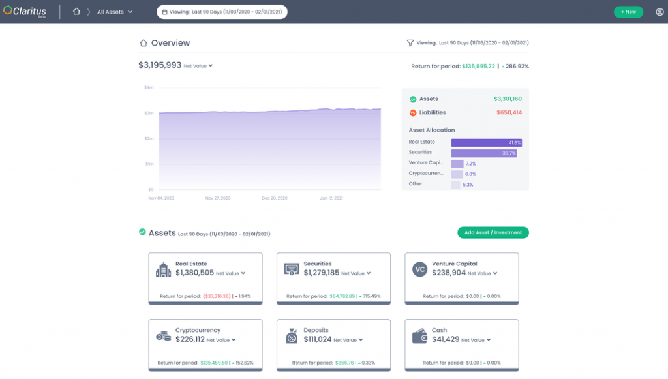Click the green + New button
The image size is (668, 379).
click(628, 12)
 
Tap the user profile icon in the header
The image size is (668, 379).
click(660, 12)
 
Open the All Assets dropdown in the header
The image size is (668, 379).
click(115, 12)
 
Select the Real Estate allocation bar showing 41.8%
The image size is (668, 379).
click(486, 142)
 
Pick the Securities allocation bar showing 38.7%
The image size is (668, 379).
click(483, 153)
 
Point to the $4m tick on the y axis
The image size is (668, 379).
click(149, 87)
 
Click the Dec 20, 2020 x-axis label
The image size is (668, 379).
click(275, 197)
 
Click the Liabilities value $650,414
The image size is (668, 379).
click(508, 113)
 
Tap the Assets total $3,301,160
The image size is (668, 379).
click(508, 99)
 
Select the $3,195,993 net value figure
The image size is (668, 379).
click(160, 65)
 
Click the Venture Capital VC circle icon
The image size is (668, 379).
click(419, 269)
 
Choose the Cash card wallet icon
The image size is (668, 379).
click(419, 336)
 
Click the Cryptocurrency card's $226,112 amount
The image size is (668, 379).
click(190, 339)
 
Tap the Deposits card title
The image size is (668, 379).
click(316, 330)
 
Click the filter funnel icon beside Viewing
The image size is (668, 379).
click(410, 43)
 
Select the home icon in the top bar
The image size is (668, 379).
click(76, 12)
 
